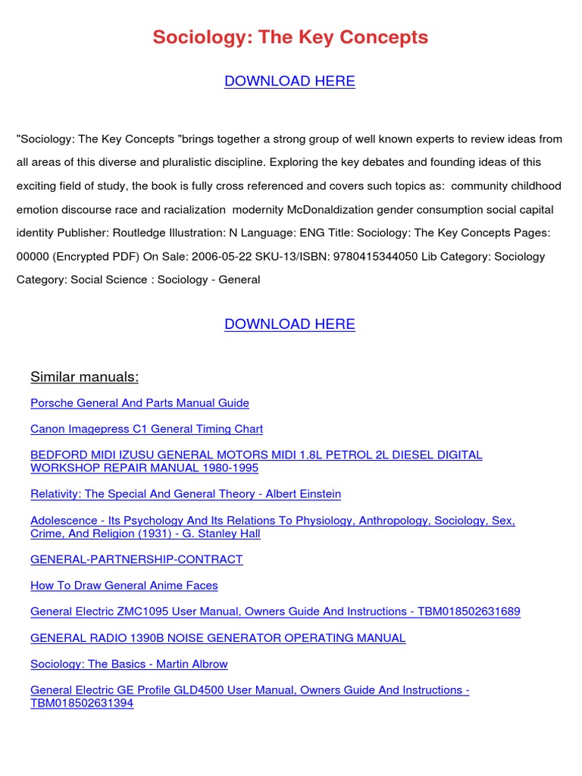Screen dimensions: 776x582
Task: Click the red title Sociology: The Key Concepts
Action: [x=290, y=37]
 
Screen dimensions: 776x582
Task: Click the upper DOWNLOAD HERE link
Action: [x=289, y=81]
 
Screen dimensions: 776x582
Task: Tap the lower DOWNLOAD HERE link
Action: [x=289, y=324]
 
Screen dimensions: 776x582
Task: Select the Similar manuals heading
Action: [x=84, y=377]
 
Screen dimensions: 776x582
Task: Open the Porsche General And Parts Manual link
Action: [x=139, y=403]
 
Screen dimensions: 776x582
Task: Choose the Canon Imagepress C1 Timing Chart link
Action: [x=146, y=429]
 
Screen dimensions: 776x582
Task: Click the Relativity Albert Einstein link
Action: [x=186, y=494]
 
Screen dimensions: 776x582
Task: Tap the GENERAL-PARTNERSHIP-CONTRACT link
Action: [x=136, y=559]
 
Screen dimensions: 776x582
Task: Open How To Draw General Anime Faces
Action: [x=124, y=586]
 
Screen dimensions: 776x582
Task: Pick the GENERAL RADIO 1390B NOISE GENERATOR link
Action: [x=217, y=638]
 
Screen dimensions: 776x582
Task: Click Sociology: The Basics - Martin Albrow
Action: [x=129, y=664]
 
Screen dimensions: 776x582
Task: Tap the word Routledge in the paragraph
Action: [x=156, y=233]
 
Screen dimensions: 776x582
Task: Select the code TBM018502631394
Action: [x=82, y=702]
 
